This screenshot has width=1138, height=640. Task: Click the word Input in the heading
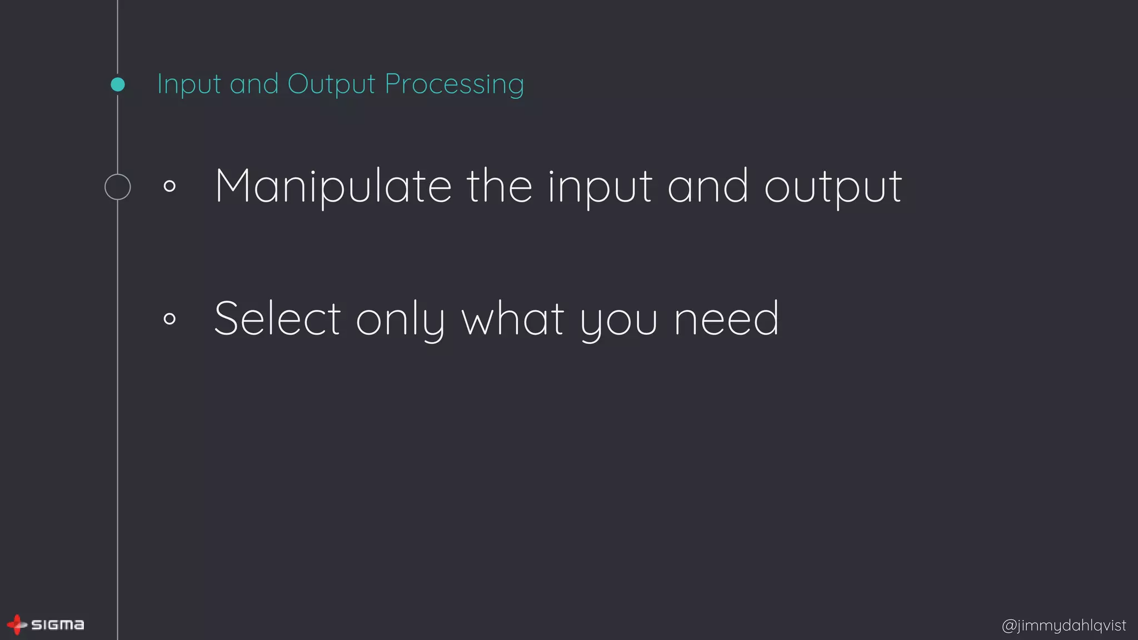click(x=189, y=84)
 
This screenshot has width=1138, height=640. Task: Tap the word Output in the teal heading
click(x=331, y=84)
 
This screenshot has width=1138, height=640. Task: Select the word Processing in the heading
click(x=454, y=84)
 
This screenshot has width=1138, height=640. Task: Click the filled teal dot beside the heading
click(x=118, y=84)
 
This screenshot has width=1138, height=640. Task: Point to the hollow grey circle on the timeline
click(x=118, y=187)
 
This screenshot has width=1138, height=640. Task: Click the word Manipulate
click(x=333, y=187)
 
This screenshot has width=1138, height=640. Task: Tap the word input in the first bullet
click(x=600, y=188)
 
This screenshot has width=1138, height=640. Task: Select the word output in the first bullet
click(x=833, y=188)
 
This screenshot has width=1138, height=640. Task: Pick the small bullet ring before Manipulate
click(x=170, y=186)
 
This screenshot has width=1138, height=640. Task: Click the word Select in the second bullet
click(x=277, y=319)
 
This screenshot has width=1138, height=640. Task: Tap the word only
click(x=400, y=320)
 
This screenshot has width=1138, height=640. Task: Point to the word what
click(x=513, y=319)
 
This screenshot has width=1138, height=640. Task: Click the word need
click(x=726, y=319)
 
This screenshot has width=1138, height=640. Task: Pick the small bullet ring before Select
click(x=170, y=318)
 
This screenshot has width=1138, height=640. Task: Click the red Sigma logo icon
click(x=17, y=624)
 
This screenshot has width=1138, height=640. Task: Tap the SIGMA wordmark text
click(x=58, y=625)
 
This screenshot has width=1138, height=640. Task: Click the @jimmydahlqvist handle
click(x=1064, y=626)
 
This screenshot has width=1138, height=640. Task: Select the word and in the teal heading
click(x=254, y=84)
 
